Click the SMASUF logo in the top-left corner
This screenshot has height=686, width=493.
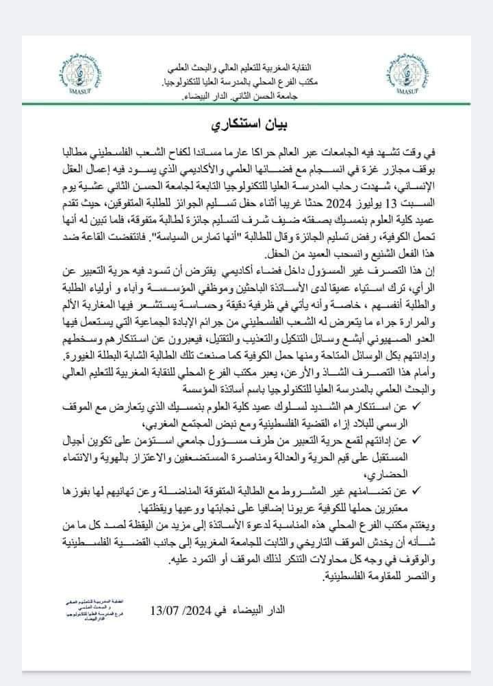(x=64, y=86)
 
